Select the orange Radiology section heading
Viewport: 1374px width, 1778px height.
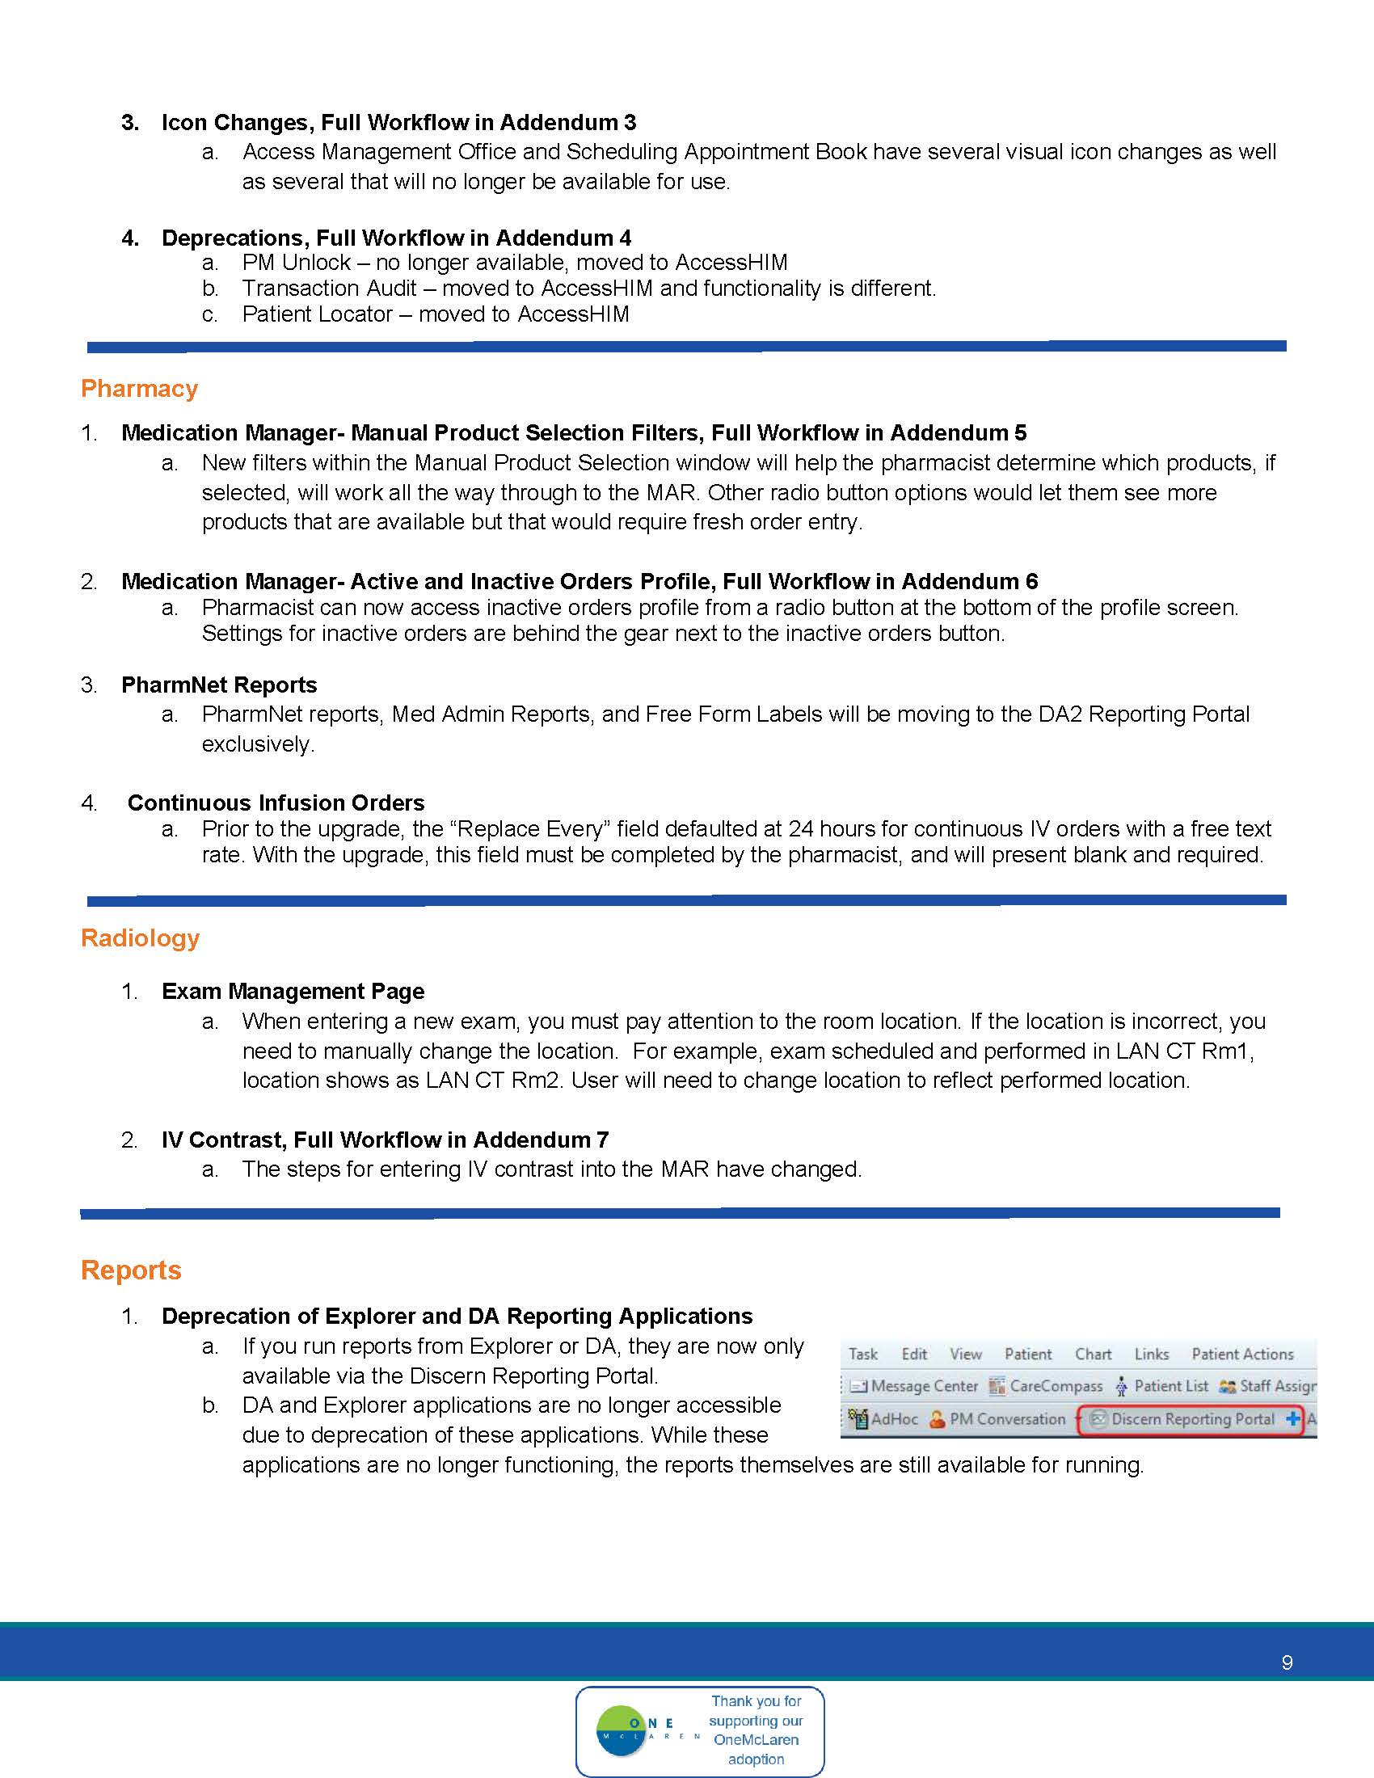[140, 937]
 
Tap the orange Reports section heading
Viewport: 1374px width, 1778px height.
[131, 1270]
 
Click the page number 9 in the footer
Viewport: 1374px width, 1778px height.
[1287, 1662]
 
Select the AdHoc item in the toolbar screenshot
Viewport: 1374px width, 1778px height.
[884, 1419]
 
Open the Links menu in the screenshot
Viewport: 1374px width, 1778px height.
[1152, 1354]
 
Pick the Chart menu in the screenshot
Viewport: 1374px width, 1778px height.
[1093, 1354]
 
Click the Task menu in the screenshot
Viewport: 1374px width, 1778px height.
[863, 1354]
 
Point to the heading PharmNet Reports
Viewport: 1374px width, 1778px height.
[219, 685]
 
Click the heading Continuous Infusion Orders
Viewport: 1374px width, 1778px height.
[276, 803]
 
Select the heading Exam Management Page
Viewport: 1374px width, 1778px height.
[293, 991]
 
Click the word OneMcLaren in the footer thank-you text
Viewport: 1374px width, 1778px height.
[756, 1740]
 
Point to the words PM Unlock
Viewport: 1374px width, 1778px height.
[297, 262]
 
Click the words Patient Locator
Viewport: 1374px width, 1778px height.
[318, 314]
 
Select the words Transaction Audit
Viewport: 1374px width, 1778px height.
[330, 289]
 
